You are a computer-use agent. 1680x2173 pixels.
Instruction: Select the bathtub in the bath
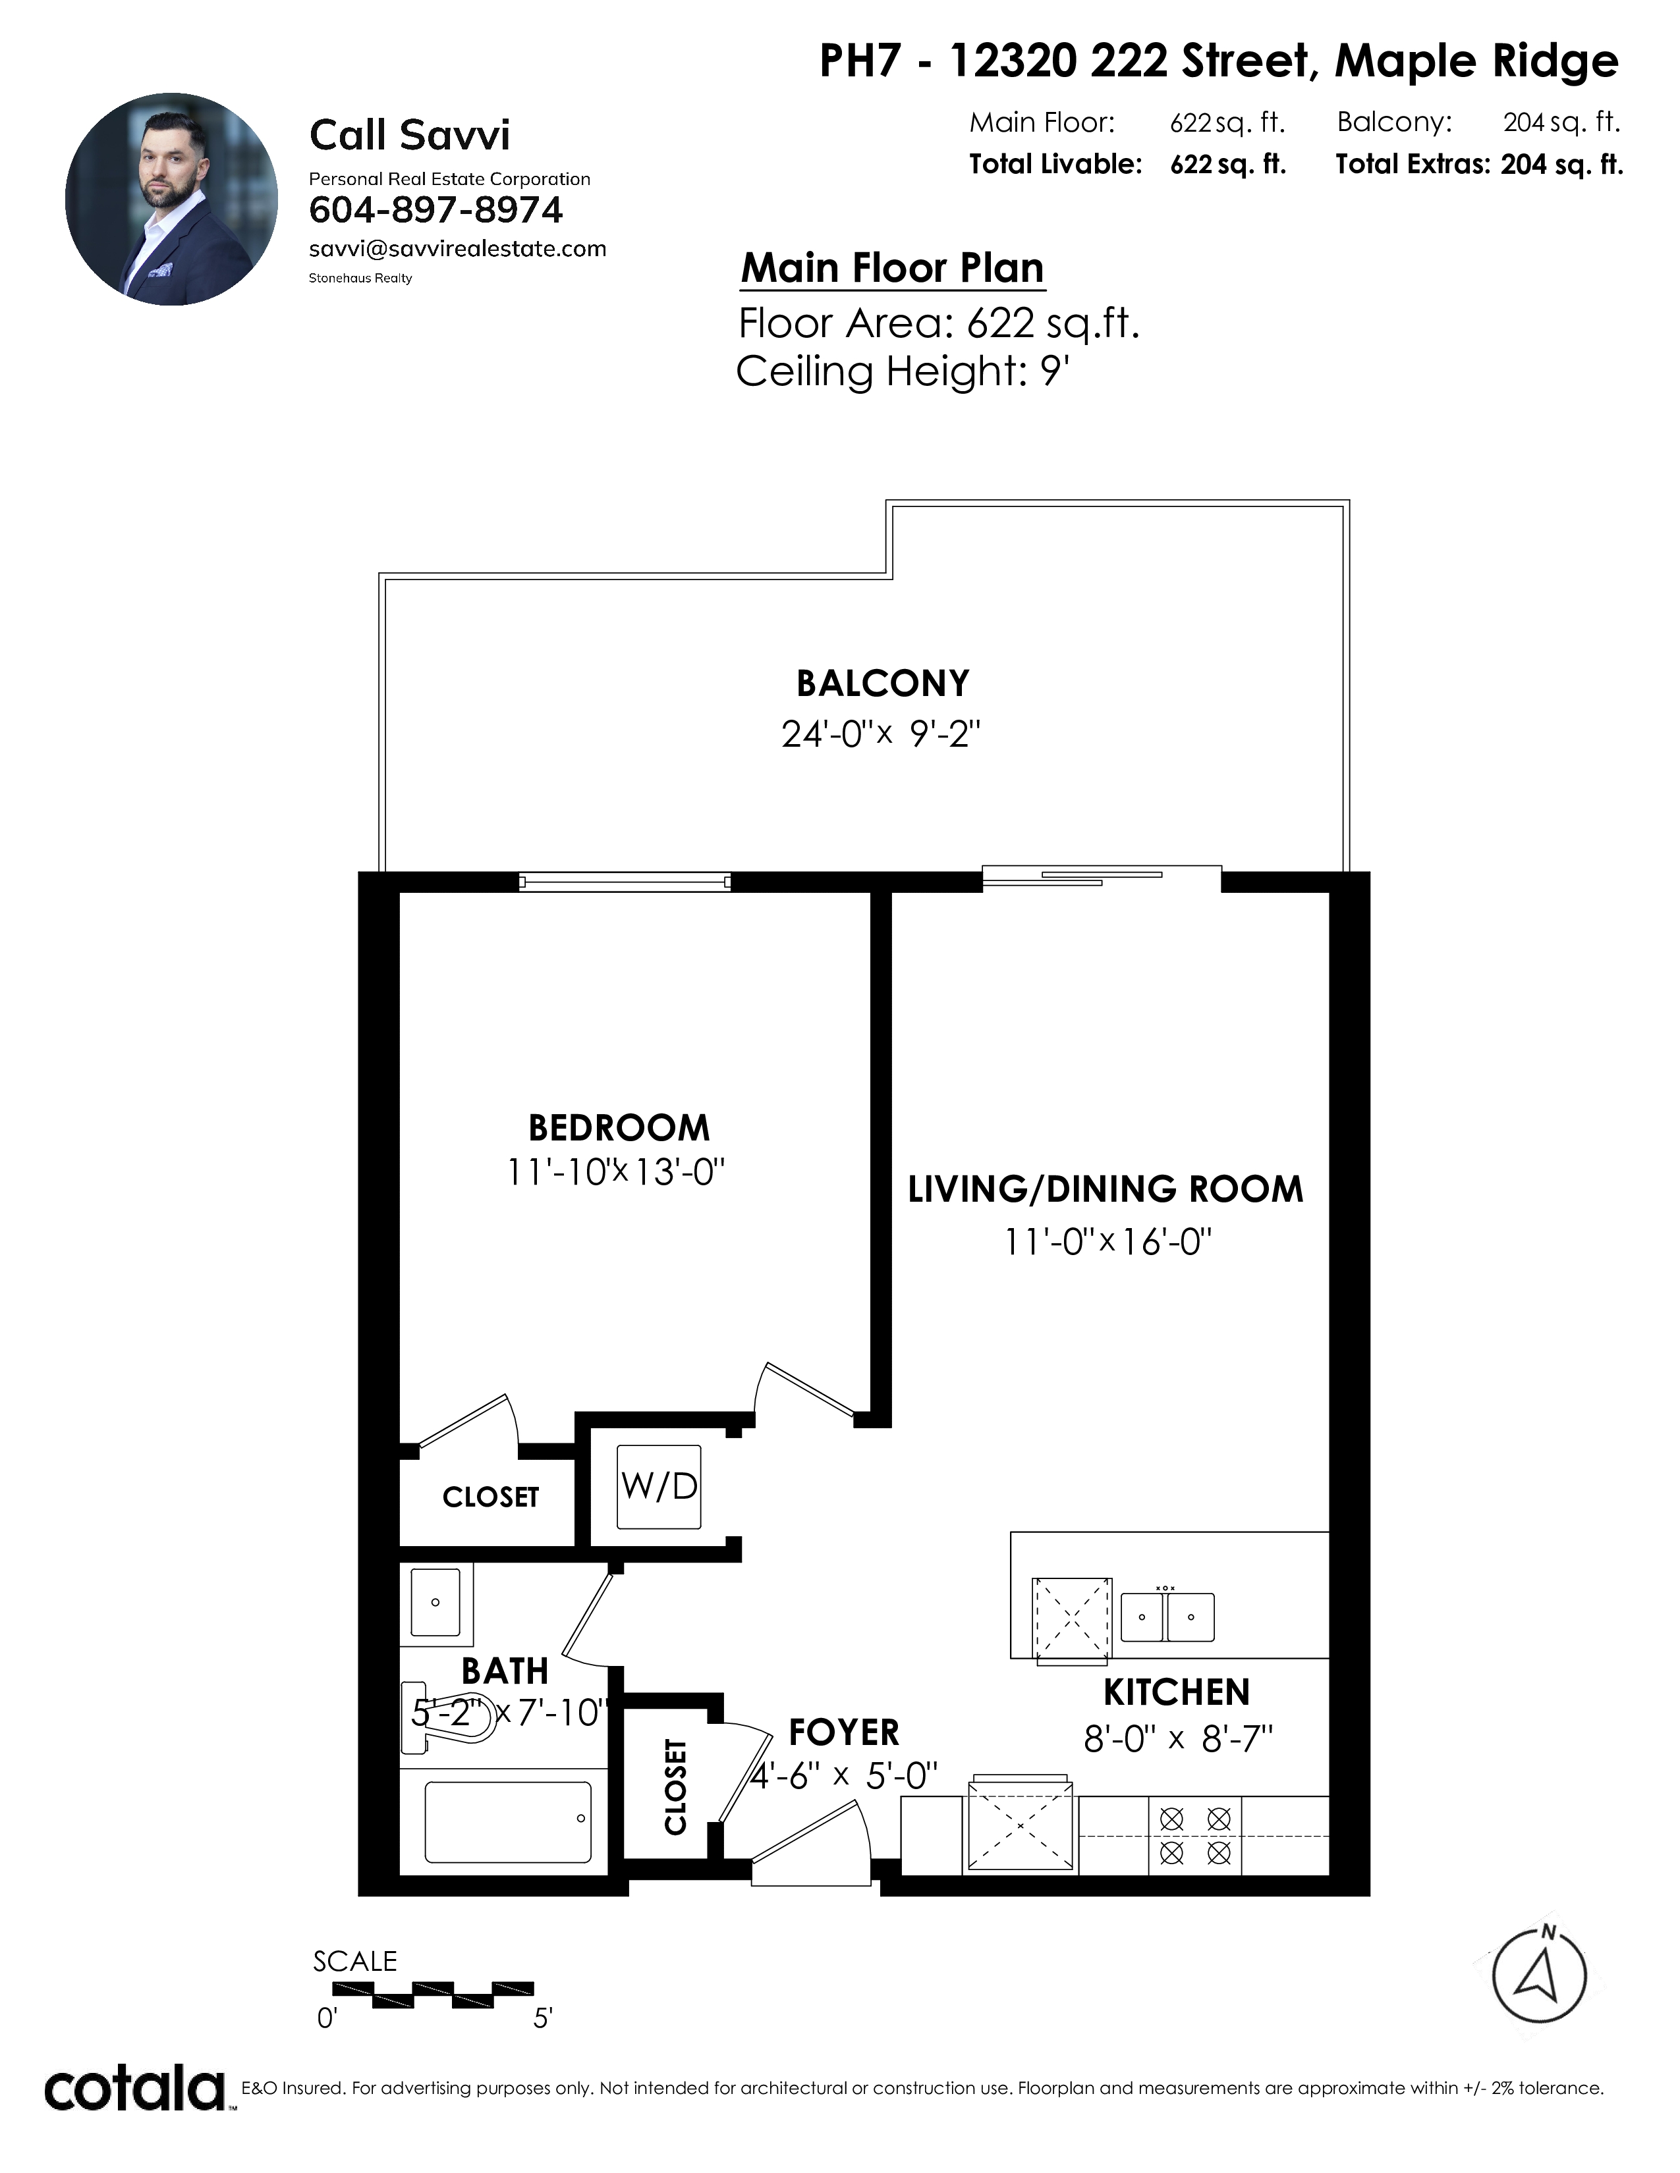(507, 1822)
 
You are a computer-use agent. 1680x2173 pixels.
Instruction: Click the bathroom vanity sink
(436, 1603)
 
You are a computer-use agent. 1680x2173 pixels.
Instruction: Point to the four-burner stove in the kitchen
(1195, 1836)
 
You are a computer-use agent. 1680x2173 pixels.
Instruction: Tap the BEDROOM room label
(619, 1128)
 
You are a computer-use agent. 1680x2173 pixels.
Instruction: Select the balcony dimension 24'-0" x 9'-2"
(881, 734)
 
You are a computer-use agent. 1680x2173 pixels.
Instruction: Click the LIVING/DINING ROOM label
(1106, 1190)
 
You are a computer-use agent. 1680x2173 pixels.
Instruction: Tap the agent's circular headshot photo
(172, 199)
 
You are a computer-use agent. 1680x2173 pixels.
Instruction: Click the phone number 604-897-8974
(436, 210)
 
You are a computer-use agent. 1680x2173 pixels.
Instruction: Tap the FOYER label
(844, 1732)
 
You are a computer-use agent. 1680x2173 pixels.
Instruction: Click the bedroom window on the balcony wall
(625, 882)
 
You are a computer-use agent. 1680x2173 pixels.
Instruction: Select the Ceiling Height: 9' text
(903, 372)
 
